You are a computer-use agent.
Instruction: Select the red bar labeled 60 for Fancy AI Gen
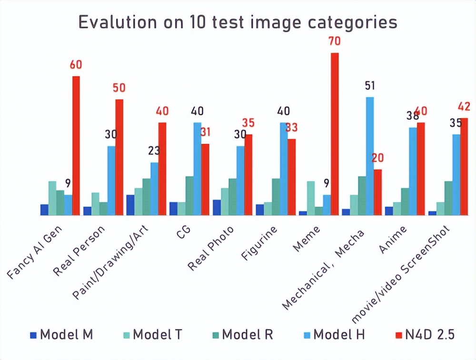click(x=76, y=145)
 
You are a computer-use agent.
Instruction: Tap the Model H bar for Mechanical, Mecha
click(x=369, y=156)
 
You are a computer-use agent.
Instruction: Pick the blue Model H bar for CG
click(x=197, y=169)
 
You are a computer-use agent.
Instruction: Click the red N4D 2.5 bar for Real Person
click(x=119, y=157)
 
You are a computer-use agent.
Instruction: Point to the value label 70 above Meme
click(x=334, y=41)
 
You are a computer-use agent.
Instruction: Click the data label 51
click(x=369, y=86)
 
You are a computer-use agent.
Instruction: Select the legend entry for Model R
click(x=242, y=334)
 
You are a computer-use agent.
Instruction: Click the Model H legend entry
click(x=334, y=334)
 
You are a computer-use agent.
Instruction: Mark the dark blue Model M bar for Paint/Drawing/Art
click(x=130, y=205)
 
